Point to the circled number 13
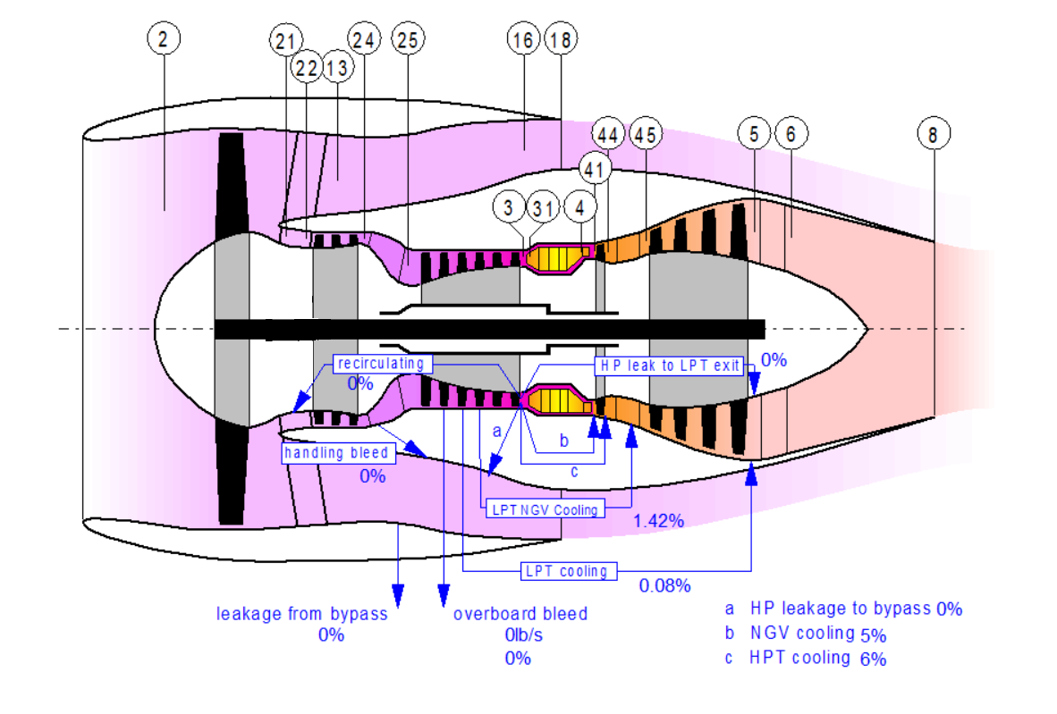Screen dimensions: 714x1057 pos(337,69)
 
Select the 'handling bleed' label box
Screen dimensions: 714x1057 pos(337,453)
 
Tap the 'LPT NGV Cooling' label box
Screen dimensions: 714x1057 pos(545,509)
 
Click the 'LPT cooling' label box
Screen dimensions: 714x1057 pos(567,571)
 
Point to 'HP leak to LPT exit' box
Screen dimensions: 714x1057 pos(670,365)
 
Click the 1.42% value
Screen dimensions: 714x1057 pos(658,521)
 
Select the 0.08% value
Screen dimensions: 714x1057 pos(664,586)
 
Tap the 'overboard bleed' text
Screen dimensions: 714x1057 pos(520,614)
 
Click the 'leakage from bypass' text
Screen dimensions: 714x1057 pos(302,614)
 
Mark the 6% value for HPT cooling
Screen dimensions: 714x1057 pos(873,659)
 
